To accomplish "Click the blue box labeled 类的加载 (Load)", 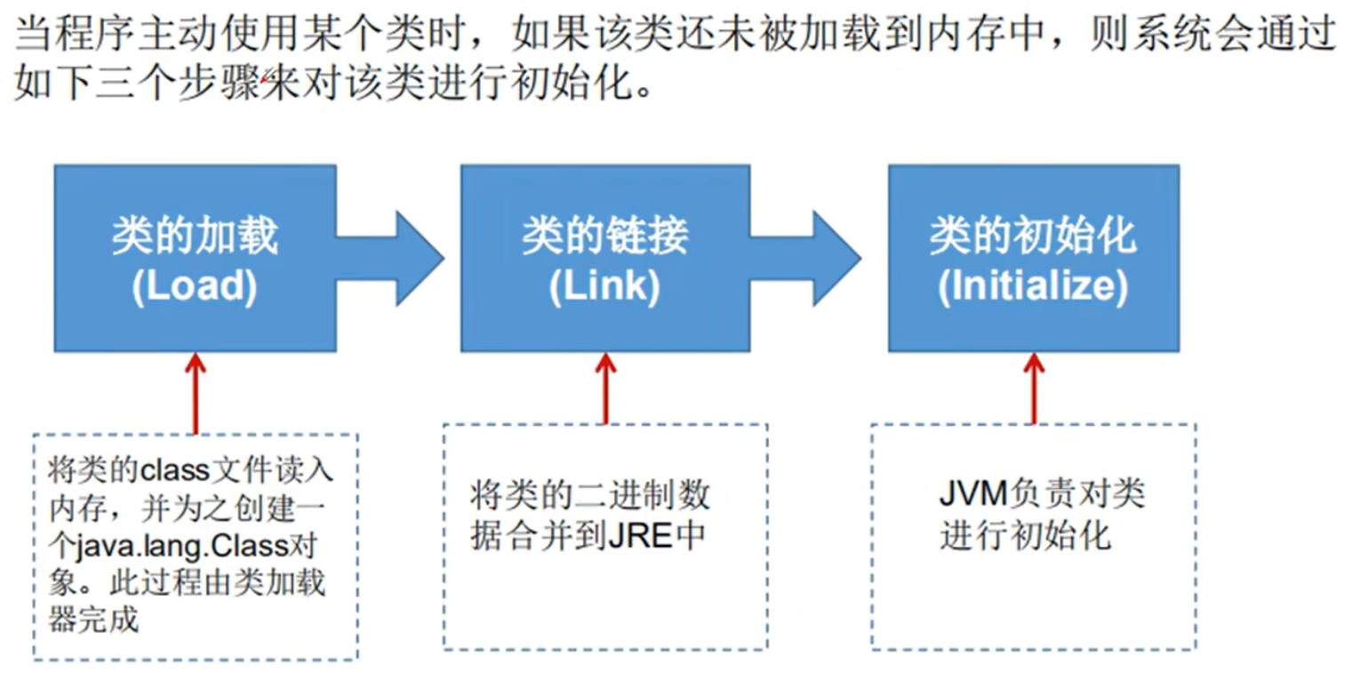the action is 195,258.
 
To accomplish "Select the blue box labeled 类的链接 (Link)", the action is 605,258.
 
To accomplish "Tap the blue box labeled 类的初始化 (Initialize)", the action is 1034,258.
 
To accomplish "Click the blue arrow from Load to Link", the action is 391,259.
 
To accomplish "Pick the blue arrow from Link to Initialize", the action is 806,259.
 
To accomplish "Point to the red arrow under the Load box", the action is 196,394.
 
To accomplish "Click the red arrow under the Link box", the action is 606,389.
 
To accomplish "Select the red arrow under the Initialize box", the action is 1035,389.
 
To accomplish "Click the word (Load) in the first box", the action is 195,286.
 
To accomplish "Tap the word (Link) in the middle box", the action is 604,286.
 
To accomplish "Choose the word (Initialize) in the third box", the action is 1033,286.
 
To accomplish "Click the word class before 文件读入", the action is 175,470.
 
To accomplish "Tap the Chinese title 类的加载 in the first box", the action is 195,236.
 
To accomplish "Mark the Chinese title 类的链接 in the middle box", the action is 604,236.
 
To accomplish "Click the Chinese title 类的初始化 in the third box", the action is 1033,236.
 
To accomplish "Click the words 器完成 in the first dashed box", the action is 93,620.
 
